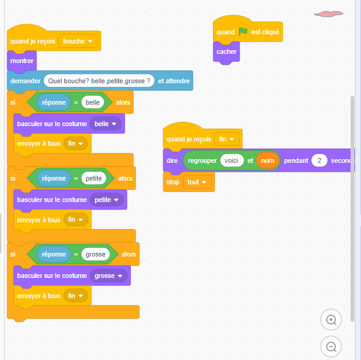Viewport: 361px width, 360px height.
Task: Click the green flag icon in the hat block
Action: coord(243,32)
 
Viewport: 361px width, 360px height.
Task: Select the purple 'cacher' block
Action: coord(226,52)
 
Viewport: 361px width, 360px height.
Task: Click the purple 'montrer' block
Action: coord(21,61)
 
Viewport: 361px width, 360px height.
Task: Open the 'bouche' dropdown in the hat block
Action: coord(78,41)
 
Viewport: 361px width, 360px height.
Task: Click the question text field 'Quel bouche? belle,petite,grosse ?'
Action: coord(99,81)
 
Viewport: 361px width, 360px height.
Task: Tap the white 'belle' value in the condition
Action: coord(92,102)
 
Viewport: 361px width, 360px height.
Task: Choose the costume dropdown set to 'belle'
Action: coord(105,124)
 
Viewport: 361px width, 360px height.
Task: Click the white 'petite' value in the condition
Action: coord(94,178)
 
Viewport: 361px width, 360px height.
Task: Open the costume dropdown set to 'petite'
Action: coord(106,200)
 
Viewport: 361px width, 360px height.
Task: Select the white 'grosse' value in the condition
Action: coord(95,254)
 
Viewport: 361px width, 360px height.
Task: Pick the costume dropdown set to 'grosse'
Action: coord(108,276)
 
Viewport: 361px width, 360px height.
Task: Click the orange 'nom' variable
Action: coord(267,160)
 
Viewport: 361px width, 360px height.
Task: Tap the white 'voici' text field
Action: coord(231,160)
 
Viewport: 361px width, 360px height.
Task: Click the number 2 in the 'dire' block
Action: coord(319,160)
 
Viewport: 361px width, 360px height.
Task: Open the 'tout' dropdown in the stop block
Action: coord(197,182)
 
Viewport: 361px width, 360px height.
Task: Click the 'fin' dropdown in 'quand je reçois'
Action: coord(226,139)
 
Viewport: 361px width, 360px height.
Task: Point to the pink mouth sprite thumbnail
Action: coord(329,14)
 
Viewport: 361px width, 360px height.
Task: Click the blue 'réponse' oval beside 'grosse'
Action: coord(54,254)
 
